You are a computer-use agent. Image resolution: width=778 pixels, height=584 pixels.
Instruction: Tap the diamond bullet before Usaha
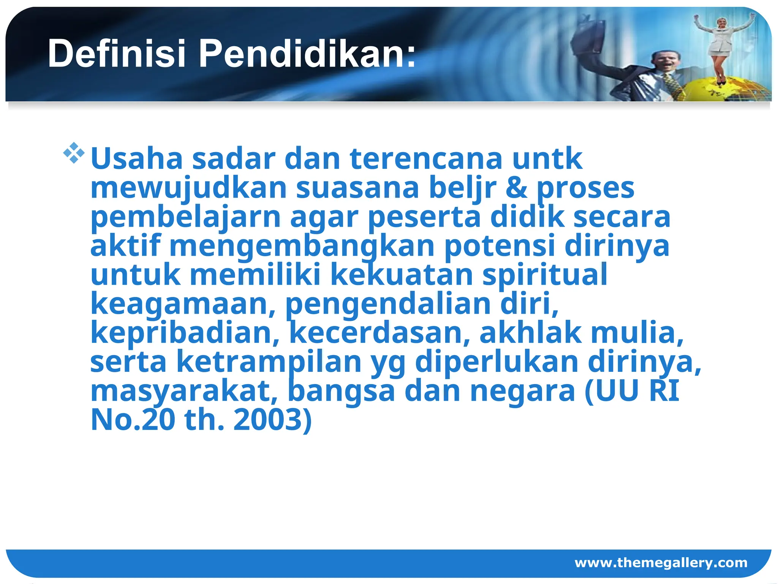click(74, 153)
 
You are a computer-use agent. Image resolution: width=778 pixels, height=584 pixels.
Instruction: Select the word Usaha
click(137, 159)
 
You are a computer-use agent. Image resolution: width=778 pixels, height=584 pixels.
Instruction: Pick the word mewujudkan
click(188, 188)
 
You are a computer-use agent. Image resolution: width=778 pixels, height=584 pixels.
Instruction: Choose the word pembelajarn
click(185, 217)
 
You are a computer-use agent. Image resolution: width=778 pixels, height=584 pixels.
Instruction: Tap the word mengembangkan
click(302, 247)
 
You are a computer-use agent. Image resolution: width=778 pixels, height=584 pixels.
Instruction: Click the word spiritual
click(545, 275)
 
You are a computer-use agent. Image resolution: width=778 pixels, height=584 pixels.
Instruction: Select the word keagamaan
click(183, 304)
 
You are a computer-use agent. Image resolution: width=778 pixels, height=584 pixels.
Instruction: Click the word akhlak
click(530, 333)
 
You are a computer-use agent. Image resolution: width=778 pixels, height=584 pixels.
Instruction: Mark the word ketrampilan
click(269, 362)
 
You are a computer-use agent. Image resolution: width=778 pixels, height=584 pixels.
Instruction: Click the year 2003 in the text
click(272, 420)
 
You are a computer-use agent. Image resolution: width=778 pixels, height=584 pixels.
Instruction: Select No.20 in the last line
click(133, 420)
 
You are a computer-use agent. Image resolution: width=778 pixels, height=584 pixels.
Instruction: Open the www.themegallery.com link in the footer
click(661, 562)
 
